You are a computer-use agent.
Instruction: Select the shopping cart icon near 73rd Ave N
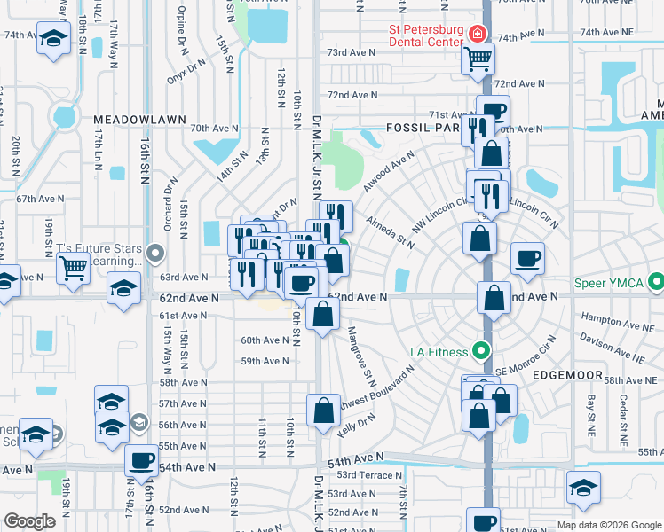tap(478, 59)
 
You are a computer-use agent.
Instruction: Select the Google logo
tap(29, 521)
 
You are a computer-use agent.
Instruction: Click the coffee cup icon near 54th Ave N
tap(141, 461)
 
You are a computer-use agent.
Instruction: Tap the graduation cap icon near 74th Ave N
tap(54, 40)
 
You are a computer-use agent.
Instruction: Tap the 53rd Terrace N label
tap(370, 475)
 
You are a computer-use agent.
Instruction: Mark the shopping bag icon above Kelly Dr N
tap(323, 410)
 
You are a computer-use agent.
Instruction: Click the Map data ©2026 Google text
tap(608, 525)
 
